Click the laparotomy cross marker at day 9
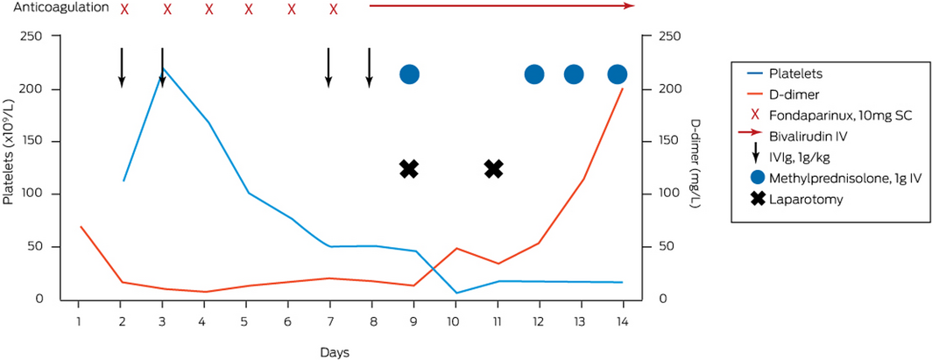click(x=408, y=169)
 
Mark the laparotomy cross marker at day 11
click(x=493, y=169)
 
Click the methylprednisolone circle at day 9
click(x=409, y=74)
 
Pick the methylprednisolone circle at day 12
click(x=534, y=74)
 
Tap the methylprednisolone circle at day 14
click(x=618, y=74)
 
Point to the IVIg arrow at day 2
click(x=122, y=67)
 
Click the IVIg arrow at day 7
click(x=328, y=67)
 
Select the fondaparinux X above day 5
click(x=249, y=10)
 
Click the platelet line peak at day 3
click(x=163, y=68)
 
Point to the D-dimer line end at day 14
click(x=623, y=88)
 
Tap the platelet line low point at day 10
click(x=455, y=293)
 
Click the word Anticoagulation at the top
click(x=61, y=8)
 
